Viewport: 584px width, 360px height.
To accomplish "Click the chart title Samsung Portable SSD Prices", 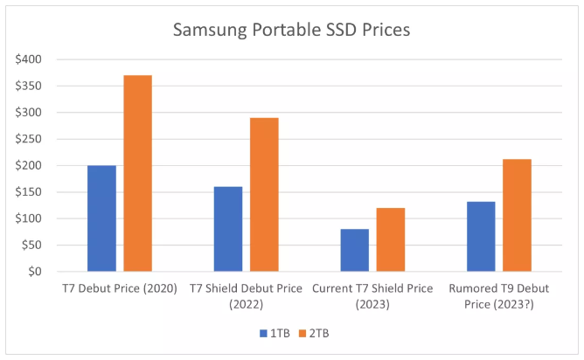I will [291, 30].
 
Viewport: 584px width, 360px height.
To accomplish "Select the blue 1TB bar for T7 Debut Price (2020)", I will [101, 218].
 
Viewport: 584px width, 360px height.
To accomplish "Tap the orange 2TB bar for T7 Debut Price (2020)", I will [137, 173].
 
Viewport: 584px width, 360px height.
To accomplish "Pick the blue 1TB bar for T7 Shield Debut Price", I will [228, 229].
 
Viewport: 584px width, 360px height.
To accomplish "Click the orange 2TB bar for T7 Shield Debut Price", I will [264, 195].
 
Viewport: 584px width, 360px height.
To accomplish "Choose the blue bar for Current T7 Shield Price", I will [355, 250].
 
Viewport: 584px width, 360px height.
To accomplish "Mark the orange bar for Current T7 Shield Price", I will [391, 239].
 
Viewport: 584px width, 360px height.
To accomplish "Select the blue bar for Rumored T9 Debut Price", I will [481, 237].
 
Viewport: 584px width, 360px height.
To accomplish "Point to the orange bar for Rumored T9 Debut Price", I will [517, 215].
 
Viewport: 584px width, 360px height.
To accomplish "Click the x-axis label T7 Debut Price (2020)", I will [120, 288].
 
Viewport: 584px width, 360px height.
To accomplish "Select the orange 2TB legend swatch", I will [302, 334].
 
